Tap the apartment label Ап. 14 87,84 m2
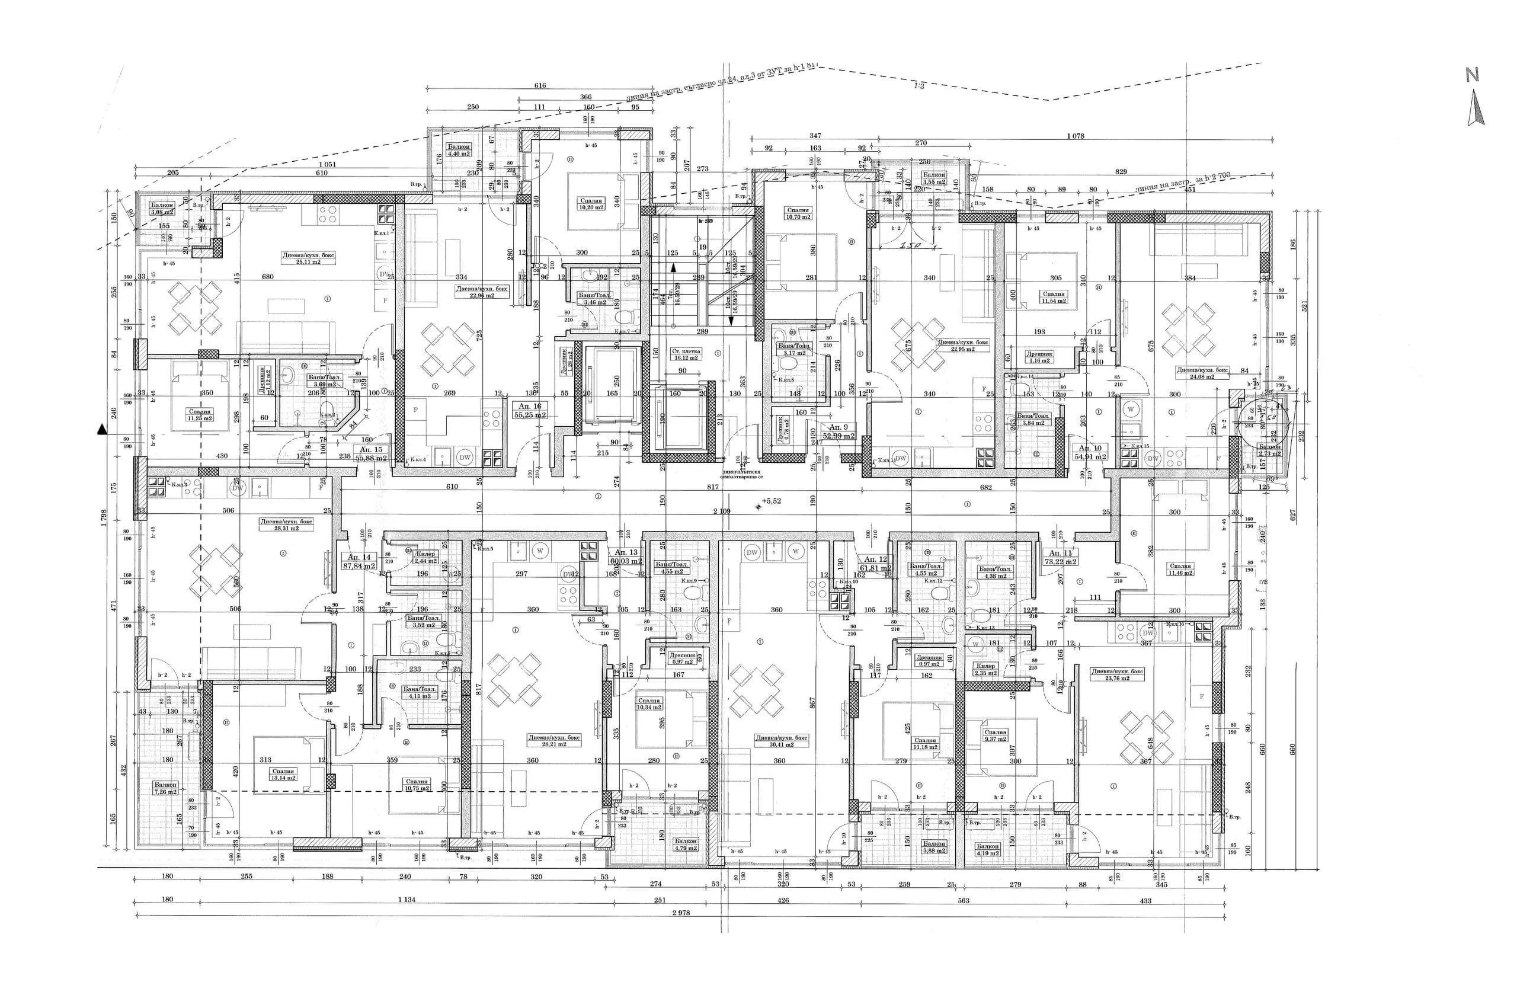pos(360,561)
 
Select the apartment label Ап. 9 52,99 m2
pos(838,431)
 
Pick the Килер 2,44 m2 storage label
pos(425,557)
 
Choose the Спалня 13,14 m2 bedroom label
pos(282,775)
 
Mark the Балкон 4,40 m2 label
pos(458,150)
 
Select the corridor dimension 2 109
pos(722,511)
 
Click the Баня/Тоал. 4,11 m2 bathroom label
pos(420,693)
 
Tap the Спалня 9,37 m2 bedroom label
pos(996,736)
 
